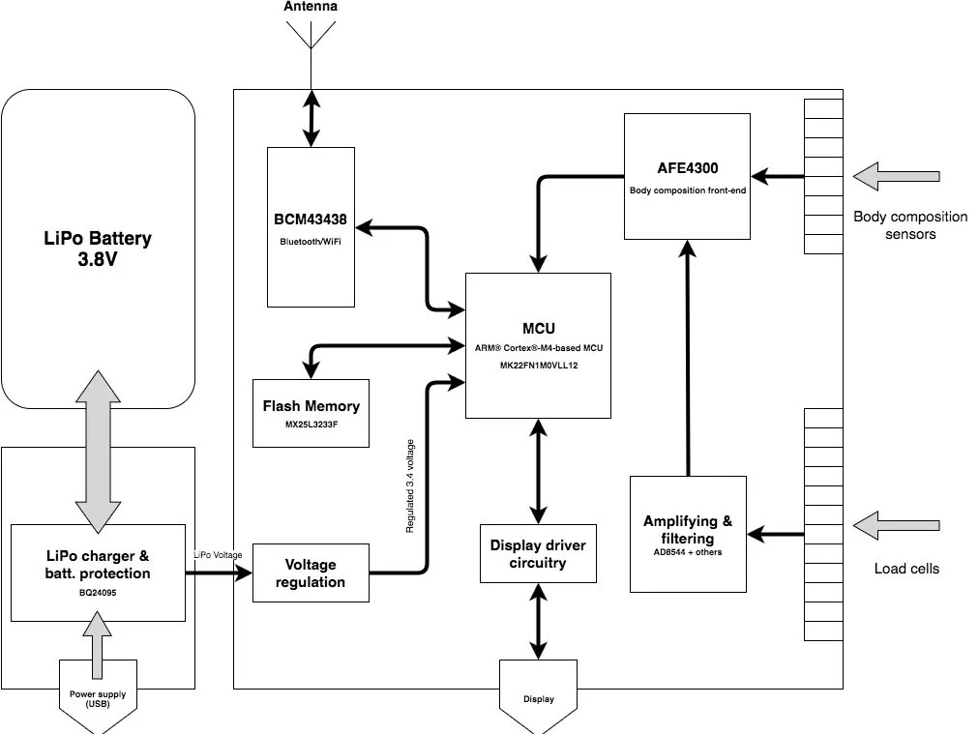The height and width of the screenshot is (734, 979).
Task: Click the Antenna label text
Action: [x=311, y=7]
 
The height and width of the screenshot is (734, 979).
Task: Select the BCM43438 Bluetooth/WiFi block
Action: [x=311, y=224]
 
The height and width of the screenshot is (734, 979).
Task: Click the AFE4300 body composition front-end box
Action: [x=687, y=176]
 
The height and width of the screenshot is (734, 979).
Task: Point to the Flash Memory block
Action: [x=311, y=413]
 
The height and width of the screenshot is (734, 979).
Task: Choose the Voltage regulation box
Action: [x=311, y=573]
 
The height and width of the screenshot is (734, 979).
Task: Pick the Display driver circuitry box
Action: [x=538, y=553]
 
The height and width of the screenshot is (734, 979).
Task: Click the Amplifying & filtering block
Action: [x=688, y=533]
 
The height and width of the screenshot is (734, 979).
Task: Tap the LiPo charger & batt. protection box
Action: [x=98, y=573]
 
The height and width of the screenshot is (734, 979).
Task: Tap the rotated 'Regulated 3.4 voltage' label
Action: [x=410, y=486]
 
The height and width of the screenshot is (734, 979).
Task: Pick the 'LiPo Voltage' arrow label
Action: [x=218, y=555]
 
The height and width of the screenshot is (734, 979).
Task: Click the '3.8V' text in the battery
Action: [x=98, y=259]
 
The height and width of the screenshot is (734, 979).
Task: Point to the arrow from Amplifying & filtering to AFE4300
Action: [x=688, y=358]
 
